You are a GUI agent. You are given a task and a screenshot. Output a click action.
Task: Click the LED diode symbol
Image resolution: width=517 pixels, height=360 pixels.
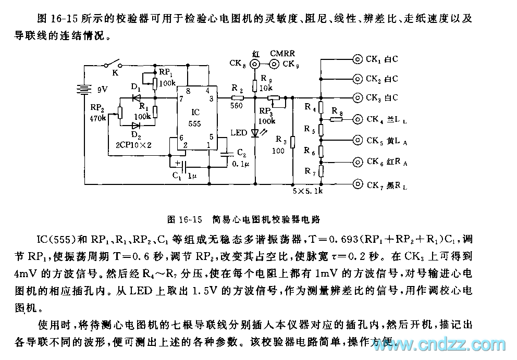(255, 133)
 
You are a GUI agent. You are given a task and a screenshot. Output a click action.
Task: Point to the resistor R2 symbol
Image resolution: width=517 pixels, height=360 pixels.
(237, 97)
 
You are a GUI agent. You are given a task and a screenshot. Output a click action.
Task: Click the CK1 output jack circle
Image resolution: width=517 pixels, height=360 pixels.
(358, 59)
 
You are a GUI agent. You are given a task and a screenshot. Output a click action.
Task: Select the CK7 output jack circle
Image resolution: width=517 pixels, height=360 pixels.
(358, 184)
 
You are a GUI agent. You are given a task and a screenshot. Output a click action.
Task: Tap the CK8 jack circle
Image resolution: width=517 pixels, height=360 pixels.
(255, 65)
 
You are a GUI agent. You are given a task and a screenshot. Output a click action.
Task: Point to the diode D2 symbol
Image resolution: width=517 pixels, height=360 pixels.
(136, 125)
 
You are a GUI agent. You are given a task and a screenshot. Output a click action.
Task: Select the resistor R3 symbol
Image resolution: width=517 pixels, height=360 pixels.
(293, 142)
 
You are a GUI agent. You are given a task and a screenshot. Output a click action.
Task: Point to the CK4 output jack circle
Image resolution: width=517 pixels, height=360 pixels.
(358, 119)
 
